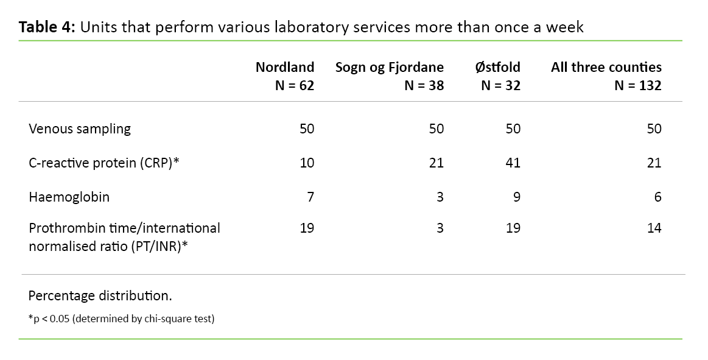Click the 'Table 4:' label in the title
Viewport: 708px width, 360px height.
point(46,27)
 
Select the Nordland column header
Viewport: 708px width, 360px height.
point(285,67)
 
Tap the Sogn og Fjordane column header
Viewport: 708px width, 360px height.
point(390,67)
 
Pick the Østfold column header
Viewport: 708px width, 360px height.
point(497,67)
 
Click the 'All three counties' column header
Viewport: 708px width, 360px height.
point(606,67)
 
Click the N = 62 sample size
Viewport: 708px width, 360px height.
point(295,85)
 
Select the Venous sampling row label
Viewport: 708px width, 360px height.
point(80,129)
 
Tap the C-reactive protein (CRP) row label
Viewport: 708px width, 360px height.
point(103,163)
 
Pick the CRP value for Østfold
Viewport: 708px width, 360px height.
point(513,163)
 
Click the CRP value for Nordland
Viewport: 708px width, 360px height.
point(307,163)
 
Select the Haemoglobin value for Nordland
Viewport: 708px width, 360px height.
point(310,197)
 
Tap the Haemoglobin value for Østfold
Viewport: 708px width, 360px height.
point(516,197)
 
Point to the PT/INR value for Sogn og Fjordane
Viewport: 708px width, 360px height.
point(440,228)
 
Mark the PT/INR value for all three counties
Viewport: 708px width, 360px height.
point(654,228)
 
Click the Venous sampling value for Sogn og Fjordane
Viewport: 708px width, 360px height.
point(436,129)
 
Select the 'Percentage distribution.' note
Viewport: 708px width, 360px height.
point(100,296)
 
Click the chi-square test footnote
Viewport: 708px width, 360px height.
point(121,319)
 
